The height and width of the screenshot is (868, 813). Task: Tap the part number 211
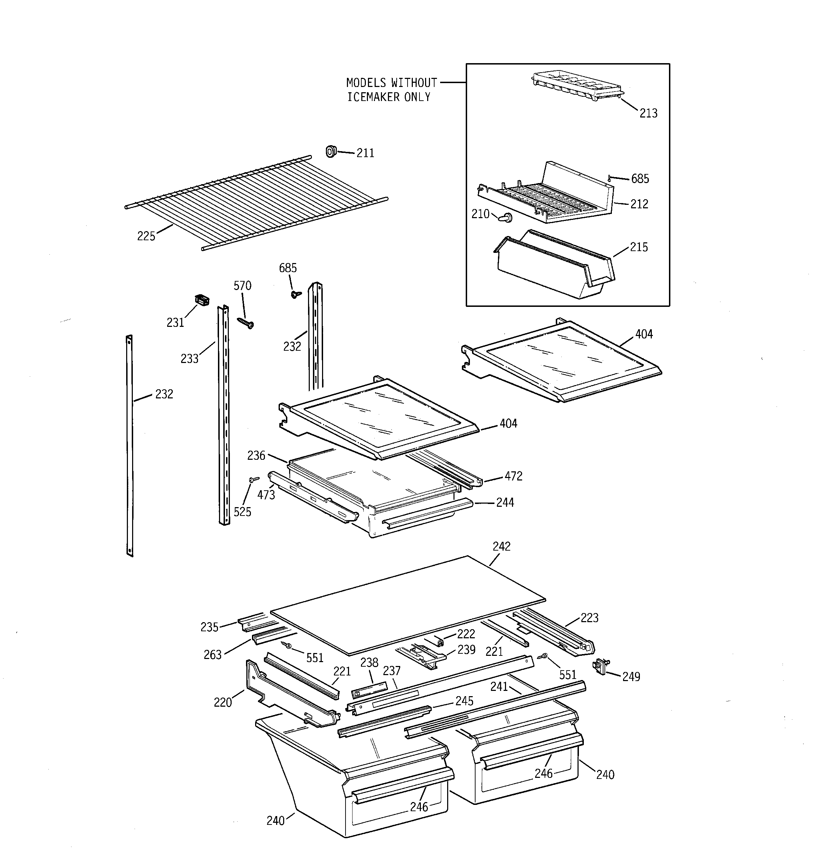coord(365,153)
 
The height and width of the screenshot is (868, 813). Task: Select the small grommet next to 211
coord(331,152)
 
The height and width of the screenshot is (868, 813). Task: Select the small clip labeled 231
coord(201,300)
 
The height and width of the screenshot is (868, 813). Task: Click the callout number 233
coord(189,359)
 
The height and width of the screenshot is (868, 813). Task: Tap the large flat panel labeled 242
coord(408,605)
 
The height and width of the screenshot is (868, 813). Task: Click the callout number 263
coord(212,655)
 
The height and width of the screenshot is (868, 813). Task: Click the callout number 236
coord(256,456)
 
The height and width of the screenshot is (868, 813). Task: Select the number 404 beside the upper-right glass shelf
coord(644,335)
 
